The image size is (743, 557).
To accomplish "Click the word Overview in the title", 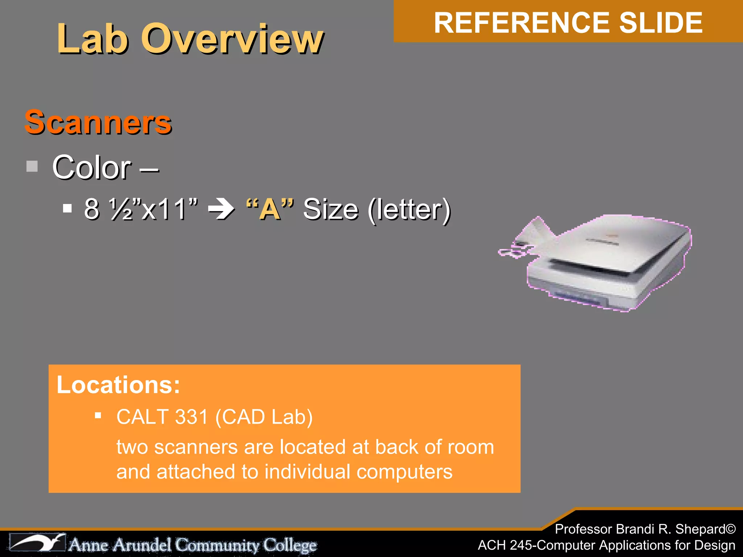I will [232, 39].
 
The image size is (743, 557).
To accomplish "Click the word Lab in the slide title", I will [93, 39].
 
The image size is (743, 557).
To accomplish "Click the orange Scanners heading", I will [98, 122].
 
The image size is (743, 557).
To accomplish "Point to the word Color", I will [92, 168].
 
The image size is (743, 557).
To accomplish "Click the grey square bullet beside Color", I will [32, 166].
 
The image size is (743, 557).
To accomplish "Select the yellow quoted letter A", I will [270, 209].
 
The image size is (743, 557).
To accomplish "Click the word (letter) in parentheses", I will [409, 210].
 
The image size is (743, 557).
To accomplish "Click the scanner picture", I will [602, 263].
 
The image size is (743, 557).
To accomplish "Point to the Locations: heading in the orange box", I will [118, 385].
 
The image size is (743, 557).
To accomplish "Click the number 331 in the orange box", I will [191, 417].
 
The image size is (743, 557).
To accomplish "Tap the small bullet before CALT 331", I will [98, 415].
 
